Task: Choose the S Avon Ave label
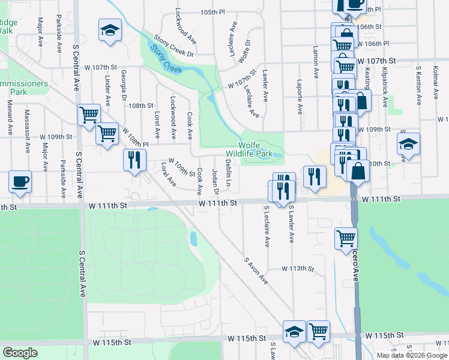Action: click(255, 271)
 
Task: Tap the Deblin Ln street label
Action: click(229, 172)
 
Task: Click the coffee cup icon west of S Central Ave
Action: click(20, 181)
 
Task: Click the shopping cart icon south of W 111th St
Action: click(346, 237)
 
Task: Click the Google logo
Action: click(20, 353)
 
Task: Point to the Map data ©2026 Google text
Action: click(411, 355)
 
